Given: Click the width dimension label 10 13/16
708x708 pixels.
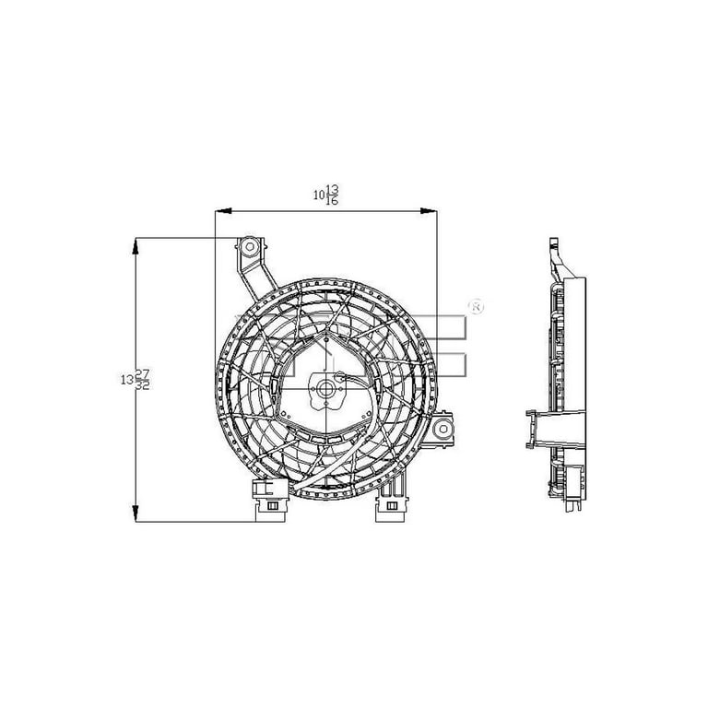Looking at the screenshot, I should (325, 195).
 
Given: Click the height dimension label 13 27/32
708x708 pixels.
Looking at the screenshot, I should (136, 378).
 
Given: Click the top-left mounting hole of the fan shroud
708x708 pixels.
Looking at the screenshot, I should (249, 247).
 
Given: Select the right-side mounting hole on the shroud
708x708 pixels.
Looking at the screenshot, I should (443, 428).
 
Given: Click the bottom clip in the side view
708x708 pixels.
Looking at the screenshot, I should (576, 502).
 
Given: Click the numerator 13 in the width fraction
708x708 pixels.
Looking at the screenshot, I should (332, 189).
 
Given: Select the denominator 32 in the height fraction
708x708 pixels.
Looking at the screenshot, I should (143, 384).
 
